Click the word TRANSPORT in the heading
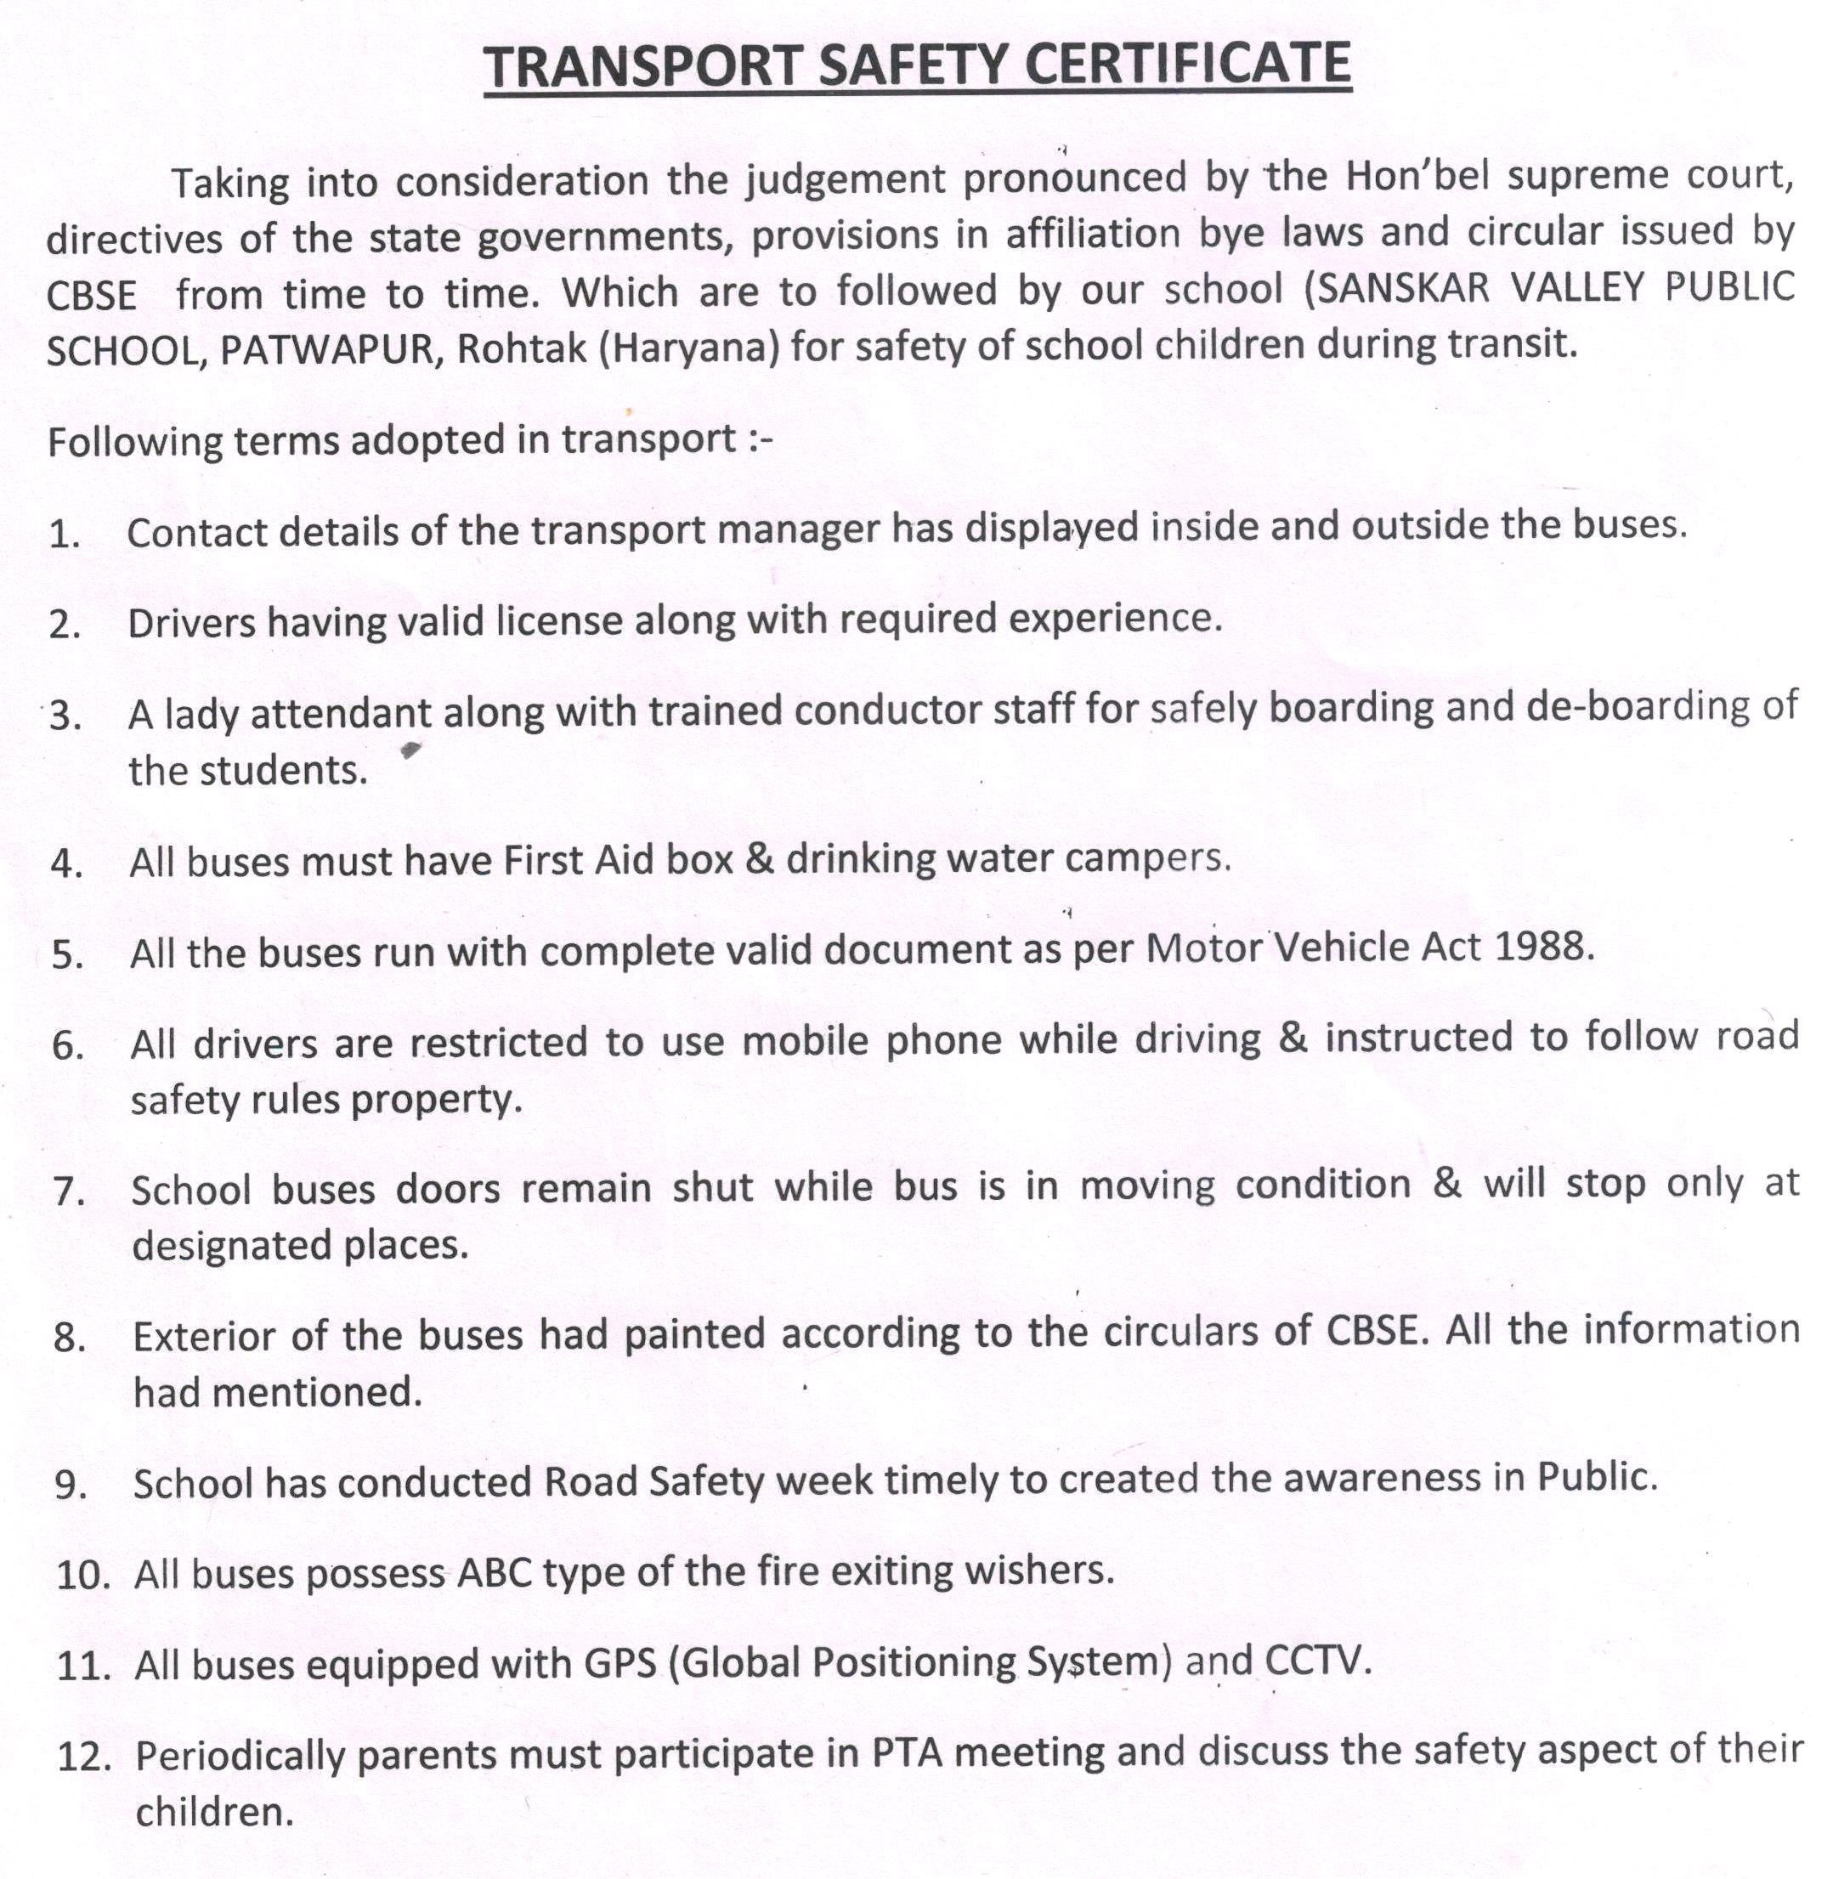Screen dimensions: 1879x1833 click(642, 67)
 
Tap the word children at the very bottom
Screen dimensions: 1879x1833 click(212, 1813)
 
